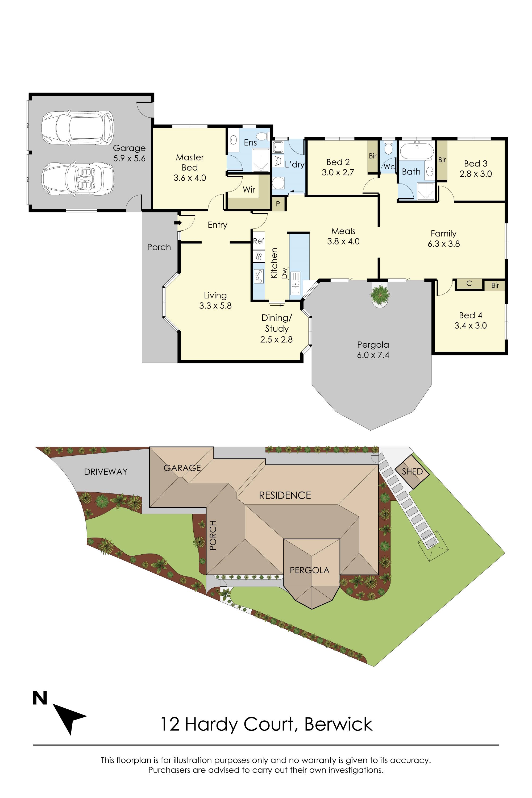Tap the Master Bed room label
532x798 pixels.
190,163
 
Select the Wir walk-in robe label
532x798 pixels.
249,190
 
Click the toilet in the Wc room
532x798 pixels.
388,148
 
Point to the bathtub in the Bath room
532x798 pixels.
416,151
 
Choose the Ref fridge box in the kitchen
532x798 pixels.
258,241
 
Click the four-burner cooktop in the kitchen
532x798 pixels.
259,276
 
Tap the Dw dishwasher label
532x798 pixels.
284,273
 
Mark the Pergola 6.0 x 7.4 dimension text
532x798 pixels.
373,355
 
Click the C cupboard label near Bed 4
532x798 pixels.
469,283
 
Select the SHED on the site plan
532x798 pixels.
412,471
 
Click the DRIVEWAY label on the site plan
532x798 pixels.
106,472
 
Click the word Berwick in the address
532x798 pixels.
338,724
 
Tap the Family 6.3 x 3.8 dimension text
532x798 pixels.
443,244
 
